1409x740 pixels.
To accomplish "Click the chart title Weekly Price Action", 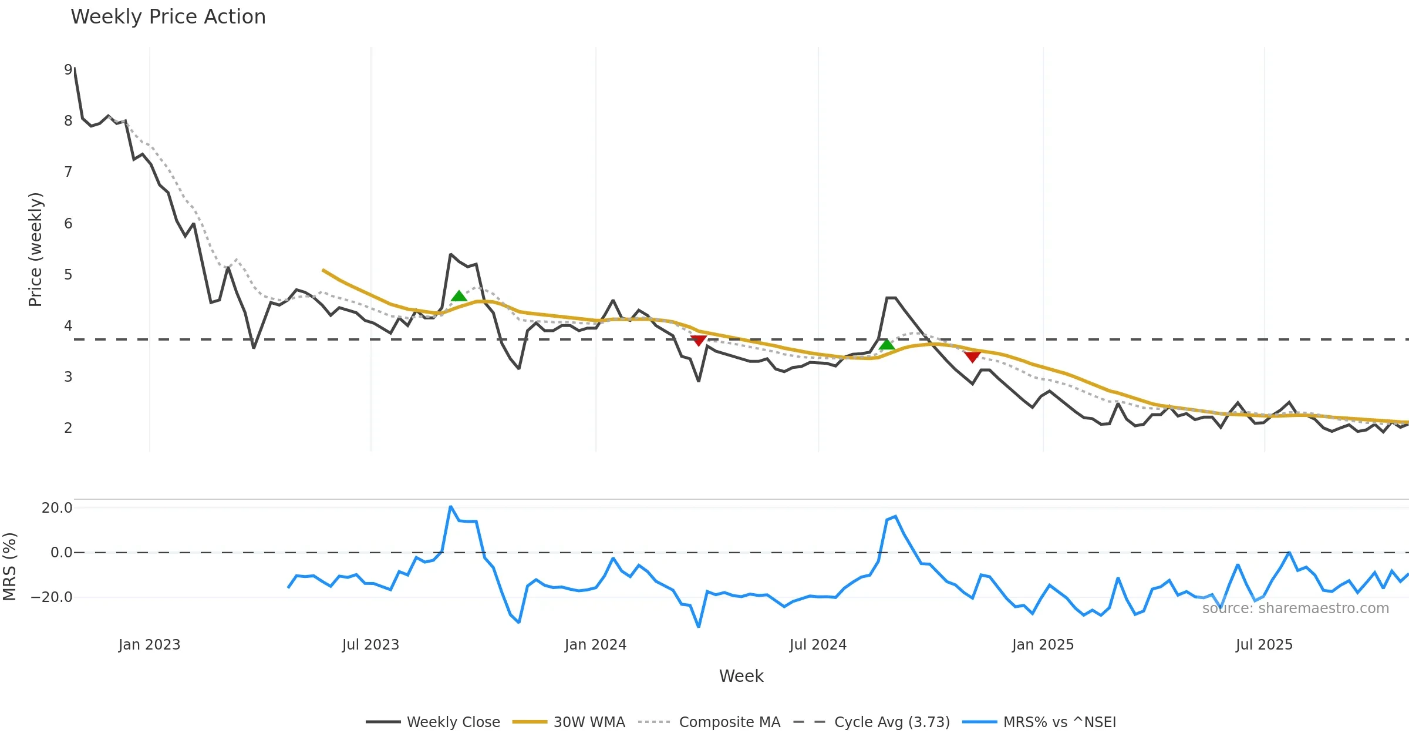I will [x=168, y=17].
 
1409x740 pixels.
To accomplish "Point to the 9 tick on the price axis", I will [x=68, y=70].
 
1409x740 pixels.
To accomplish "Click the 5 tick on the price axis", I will [x=68, y=275].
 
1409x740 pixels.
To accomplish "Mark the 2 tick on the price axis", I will [x=68, y=428].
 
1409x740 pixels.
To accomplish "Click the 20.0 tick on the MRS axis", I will [x=57, y=508].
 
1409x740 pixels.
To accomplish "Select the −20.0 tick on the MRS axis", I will [x=52, y=597].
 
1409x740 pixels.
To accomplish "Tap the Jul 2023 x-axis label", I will [x=370, y=645].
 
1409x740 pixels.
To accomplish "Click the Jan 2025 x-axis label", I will [x=1043, y=645].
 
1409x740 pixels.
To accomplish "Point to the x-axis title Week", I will [x=741, y=677].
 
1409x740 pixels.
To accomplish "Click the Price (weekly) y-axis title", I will [x=35, y=250].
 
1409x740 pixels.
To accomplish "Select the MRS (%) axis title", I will [x=9, y=567].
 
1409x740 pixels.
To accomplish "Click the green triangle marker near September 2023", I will [x=459, y=295].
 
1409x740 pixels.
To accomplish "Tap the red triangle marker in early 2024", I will [x=699, y=341].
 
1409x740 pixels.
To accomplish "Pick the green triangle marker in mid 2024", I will [x=887, y=344].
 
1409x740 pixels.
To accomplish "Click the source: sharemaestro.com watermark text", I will [x=1295, y=608].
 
